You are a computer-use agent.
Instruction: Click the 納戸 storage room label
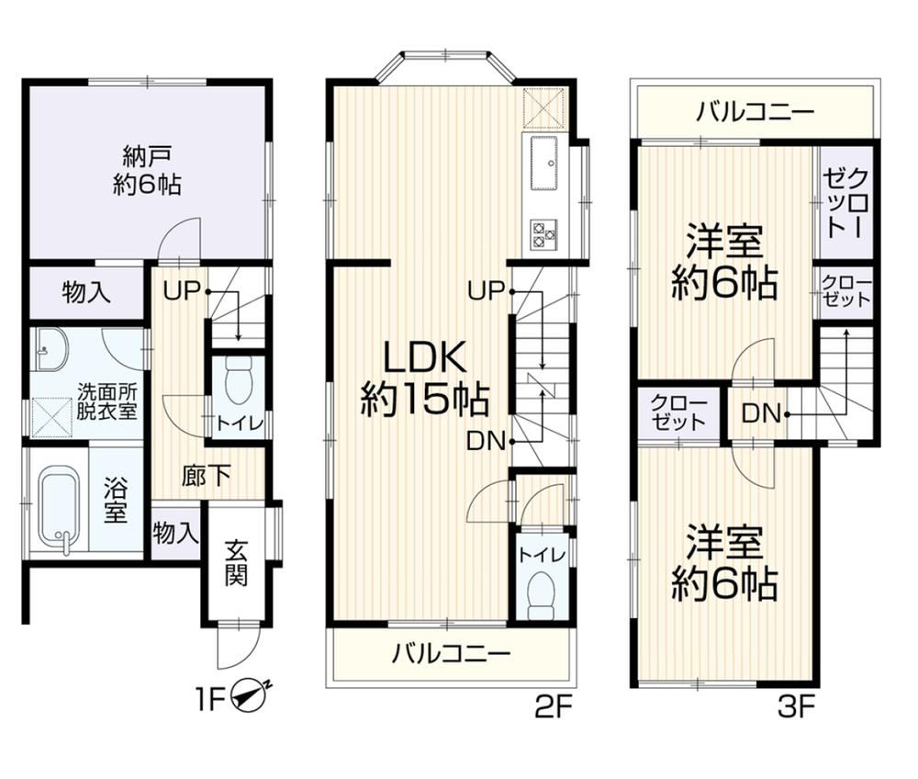point(147,171)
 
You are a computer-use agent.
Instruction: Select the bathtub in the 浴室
point(59,508)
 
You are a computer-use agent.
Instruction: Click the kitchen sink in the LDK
point(543,164)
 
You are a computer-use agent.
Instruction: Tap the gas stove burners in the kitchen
point(543,234)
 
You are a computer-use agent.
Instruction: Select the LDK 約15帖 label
point(424,379)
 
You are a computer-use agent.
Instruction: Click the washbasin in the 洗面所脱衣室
point(50,349)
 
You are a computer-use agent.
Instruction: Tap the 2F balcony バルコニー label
point(452,652)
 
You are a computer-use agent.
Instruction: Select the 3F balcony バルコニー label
point(756,111)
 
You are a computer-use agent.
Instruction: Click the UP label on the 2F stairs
point(486,290)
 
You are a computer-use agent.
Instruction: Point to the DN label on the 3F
point(761,414)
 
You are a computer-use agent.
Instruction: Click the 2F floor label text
point(553,708)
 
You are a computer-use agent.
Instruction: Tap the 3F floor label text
point(797,708)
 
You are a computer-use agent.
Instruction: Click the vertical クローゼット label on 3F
point(846,203)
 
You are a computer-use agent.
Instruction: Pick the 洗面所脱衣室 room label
point(107,401)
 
